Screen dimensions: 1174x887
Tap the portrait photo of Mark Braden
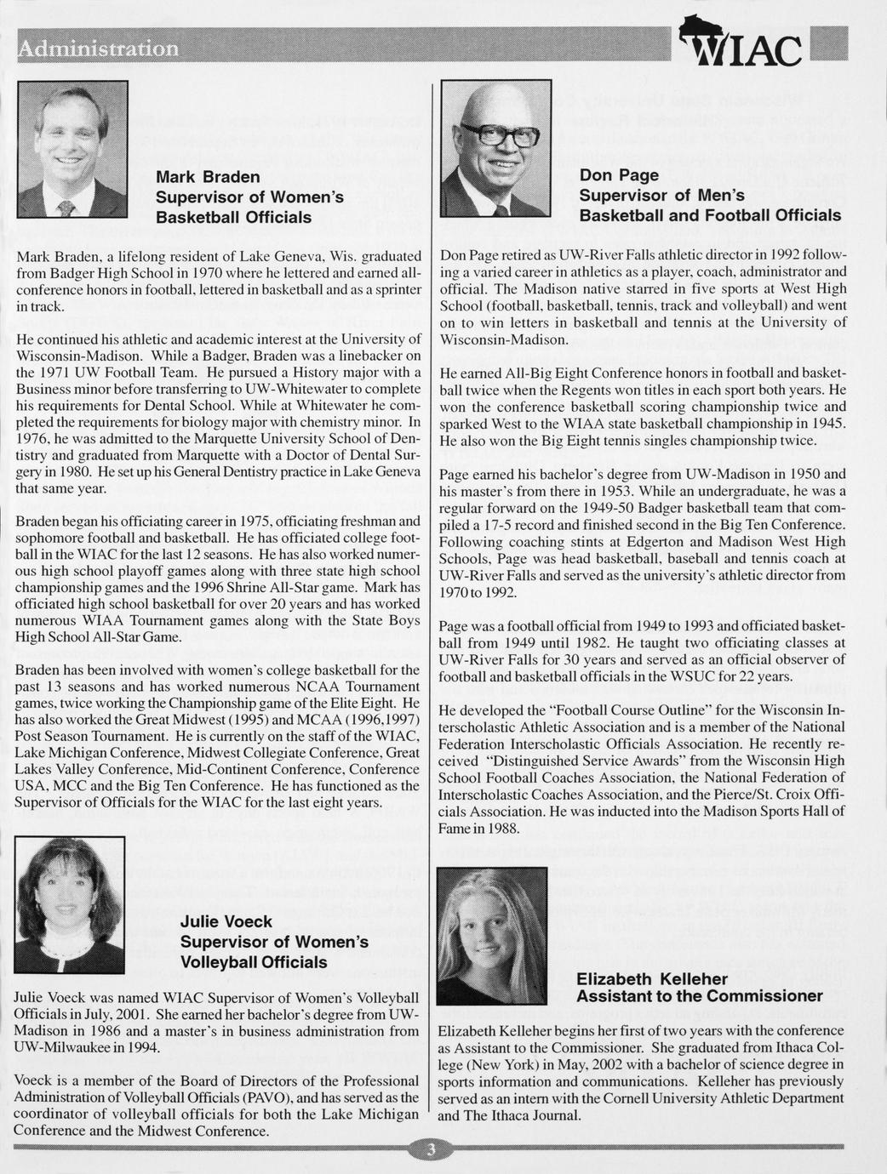72,149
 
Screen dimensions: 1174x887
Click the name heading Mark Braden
208,177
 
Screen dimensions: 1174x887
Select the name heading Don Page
619,175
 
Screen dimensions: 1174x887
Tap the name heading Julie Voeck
226,921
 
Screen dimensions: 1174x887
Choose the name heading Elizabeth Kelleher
652,979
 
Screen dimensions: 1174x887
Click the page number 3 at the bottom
432,1151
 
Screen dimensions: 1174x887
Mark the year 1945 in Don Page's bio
827,423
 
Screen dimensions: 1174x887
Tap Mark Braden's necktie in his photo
66,208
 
